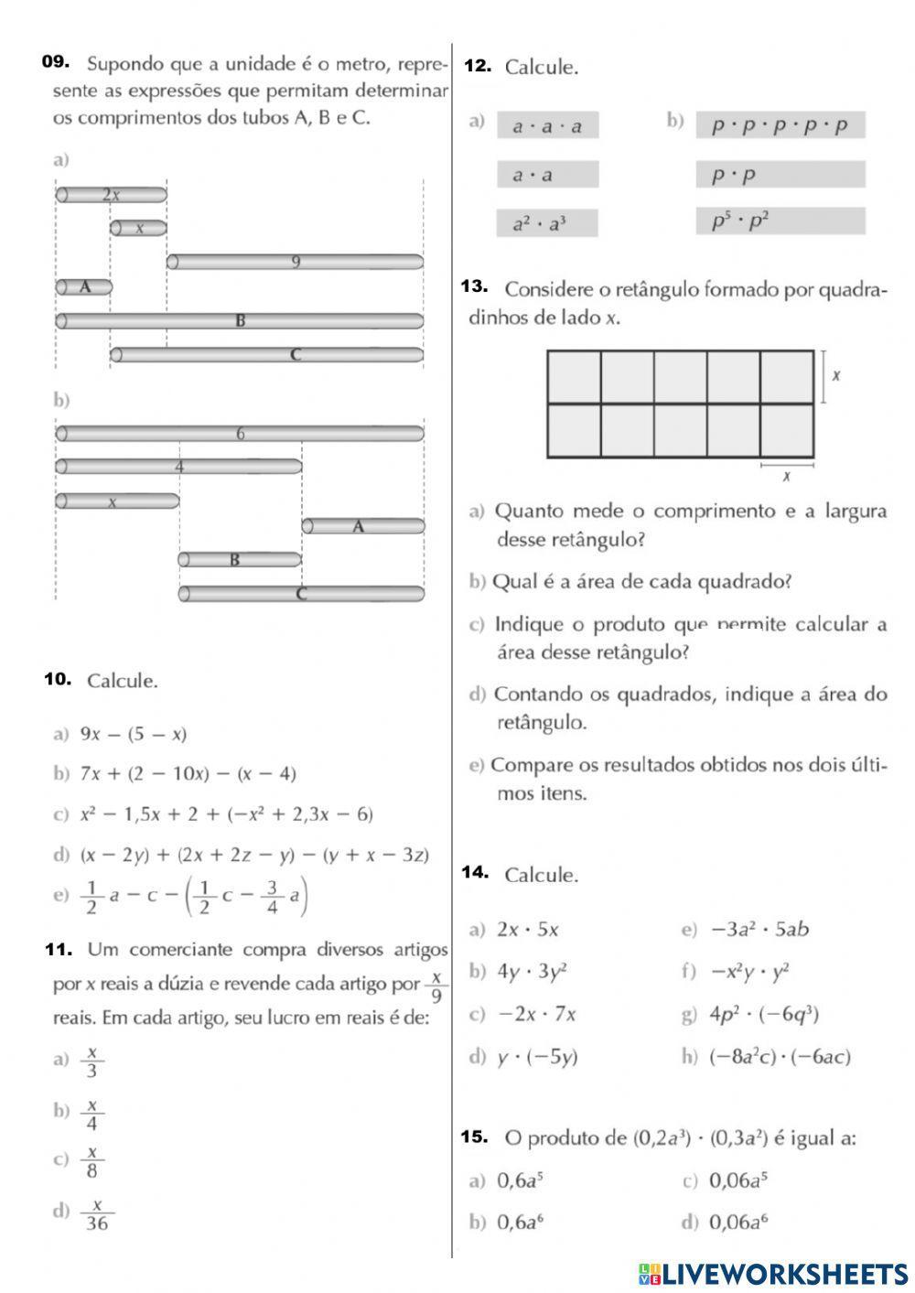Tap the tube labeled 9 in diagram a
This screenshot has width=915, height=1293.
(295, 263)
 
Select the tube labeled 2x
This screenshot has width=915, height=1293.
(112, 194)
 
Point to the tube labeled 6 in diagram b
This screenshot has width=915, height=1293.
(240, 434)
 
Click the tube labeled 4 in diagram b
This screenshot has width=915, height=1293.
(179, 467)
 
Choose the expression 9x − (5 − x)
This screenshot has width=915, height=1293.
(133, 734)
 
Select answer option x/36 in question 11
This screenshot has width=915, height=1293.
(96, 1214)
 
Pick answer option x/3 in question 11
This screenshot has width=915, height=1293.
(91, 1061)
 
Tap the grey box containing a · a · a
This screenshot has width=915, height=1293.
(547, 126)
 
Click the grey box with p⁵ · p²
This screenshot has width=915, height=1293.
(780, 221)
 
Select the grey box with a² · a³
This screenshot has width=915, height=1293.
(547, 223)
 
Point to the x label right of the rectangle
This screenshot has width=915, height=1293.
(835, 375)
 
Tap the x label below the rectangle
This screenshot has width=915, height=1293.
(786, 476)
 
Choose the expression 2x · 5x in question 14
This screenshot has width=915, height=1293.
(527, 930)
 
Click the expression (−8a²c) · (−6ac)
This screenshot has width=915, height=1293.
(780, 1057)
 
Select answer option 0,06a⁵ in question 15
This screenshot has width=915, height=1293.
(737, 1180)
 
